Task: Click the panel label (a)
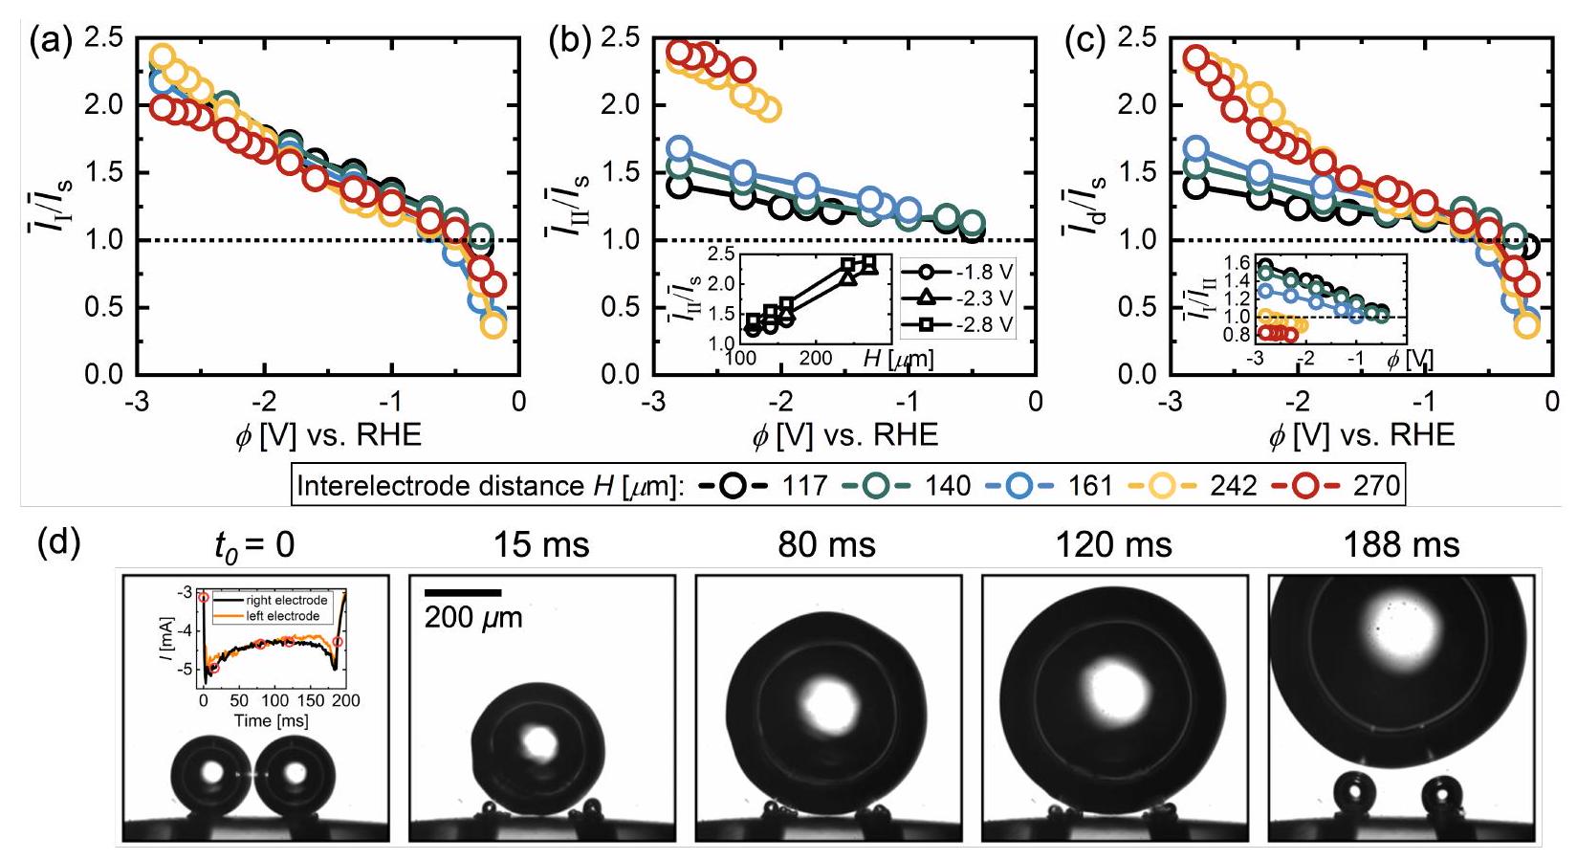click(51, 42)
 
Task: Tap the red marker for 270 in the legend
click(1304, 486)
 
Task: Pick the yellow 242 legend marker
click(1161, 486)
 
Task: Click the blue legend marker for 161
click(1018, 486)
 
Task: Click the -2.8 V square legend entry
click(927, 325)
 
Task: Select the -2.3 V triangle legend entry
click(927, 298)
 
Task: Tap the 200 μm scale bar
click(463, 593)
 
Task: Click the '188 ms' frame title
click(1401, 545)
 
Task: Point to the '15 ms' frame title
click(541, 545)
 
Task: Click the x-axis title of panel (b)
click(844, 436)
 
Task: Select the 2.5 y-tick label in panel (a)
click(104, 38)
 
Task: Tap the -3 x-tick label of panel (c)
click(1170, 401)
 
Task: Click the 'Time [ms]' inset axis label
click(272, 720)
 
